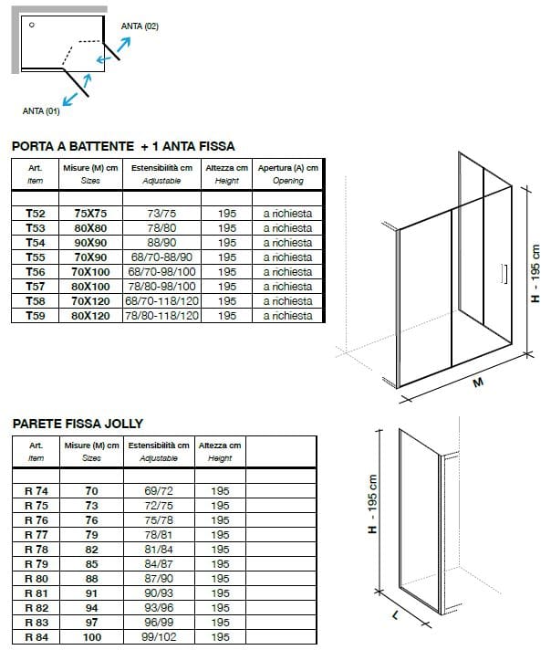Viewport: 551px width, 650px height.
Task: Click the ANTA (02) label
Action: point(140,26)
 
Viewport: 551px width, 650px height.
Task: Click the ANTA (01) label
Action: point(41,110)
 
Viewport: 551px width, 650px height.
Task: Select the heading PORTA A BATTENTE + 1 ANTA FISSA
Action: point(123,146)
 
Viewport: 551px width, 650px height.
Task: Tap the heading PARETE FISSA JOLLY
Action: point(78,424)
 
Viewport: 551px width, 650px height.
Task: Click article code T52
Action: point(36,213)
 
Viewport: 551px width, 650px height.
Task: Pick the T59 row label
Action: point(36,316)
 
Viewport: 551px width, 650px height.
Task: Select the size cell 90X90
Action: point(90,243)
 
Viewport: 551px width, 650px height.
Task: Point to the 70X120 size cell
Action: point(90,301)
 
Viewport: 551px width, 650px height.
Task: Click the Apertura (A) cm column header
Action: point(287,168)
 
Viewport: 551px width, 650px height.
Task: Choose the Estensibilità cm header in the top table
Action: point(161,168)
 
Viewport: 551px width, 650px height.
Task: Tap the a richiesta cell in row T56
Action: point(287,272)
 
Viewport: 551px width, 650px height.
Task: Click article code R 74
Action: point(36,491)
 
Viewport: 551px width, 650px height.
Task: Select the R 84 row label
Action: point(36,637)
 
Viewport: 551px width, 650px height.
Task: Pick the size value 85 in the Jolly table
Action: point(91,564)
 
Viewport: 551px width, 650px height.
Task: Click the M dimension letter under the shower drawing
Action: point(475,383)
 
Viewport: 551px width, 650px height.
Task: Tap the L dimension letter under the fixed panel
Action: point(395,616)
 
